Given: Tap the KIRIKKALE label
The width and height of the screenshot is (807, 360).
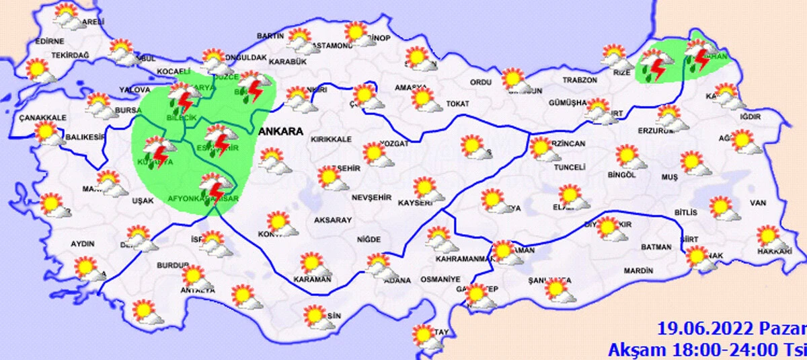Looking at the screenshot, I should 331,139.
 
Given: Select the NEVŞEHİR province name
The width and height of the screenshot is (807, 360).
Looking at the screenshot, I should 371,197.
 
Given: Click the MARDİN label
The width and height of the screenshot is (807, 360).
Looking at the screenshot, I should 638,271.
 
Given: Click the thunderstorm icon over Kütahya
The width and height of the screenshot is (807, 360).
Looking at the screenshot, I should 157,151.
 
